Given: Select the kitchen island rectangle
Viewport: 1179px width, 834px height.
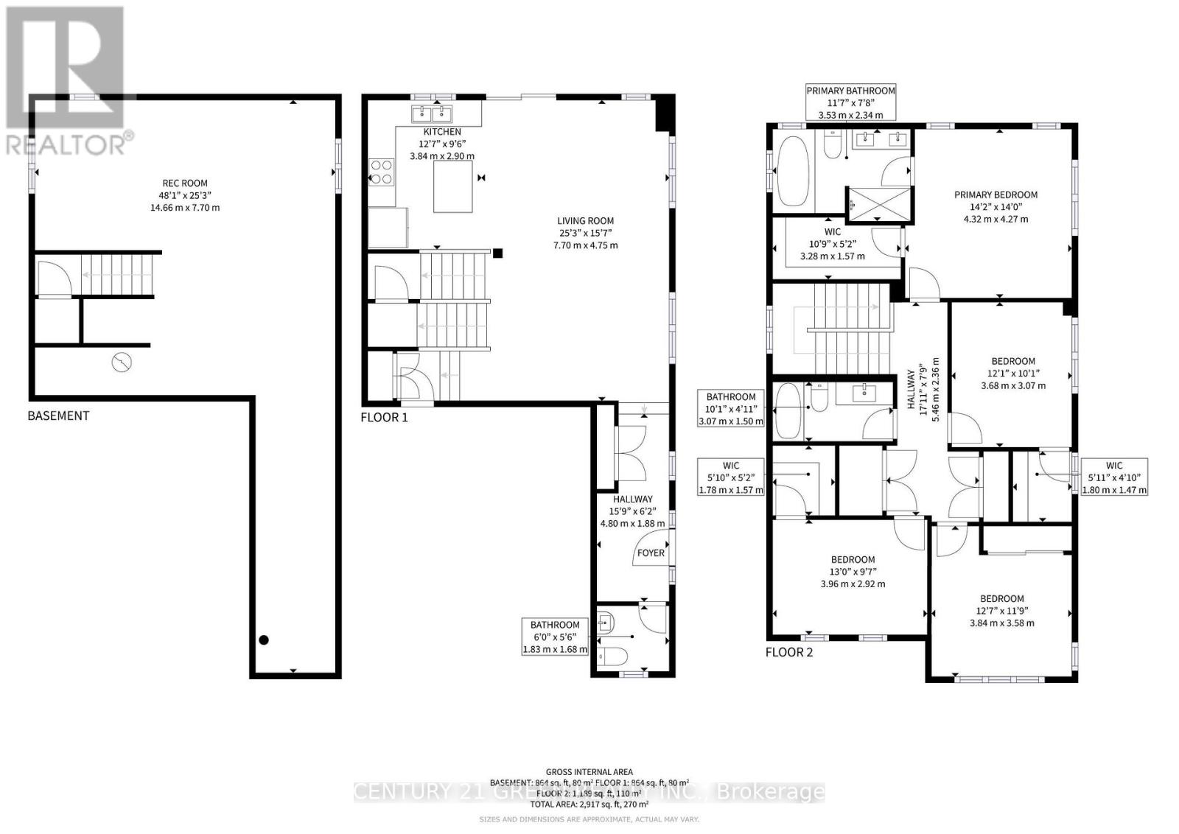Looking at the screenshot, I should [452, 187].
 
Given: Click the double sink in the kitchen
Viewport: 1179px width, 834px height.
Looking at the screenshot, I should [432, 113].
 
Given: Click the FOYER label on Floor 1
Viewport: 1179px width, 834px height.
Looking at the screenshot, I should [650, 553].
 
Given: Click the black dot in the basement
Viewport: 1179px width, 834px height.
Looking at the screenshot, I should [264, 640].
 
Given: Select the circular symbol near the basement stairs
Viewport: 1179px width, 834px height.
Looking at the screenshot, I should [122, 362].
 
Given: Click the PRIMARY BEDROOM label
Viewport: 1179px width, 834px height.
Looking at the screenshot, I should [996, 195].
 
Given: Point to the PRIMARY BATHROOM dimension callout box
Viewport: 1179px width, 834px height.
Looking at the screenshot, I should [850, 102].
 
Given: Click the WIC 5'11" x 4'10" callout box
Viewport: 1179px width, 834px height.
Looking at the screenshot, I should [1113, 477].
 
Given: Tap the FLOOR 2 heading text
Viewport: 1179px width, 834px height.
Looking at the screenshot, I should [788, 652].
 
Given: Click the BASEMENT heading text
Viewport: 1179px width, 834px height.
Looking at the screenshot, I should [58, 416].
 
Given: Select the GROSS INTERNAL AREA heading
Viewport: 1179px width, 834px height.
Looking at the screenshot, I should [589, 772].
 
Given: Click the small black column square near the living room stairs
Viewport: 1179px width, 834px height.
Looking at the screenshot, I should [498, 253].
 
